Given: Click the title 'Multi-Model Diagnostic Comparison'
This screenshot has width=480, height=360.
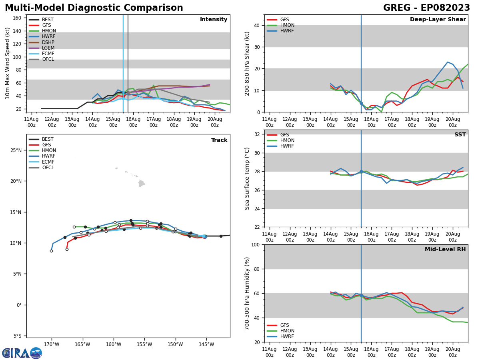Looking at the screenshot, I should [x=94, y=8].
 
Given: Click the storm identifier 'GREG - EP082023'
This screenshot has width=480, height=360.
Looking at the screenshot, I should [x=426, y=8].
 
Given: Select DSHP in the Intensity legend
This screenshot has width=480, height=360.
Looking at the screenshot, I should [x=48, y=42].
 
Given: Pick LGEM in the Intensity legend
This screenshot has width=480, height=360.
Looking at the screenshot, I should [x=48, y=48].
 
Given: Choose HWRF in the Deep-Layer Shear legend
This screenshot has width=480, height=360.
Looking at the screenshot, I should [x=287, y=31].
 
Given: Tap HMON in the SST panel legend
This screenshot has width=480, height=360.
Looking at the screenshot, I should [x=287, y=140].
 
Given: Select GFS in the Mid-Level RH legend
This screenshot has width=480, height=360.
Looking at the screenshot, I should [x=284, y=325].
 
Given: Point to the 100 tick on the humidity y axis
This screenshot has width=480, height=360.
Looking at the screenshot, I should [x=254, y=244].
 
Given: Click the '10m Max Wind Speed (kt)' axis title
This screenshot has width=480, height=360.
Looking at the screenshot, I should [x=8, y=63].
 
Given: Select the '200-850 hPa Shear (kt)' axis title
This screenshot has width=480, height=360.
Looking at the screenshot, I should [x=247, y=63].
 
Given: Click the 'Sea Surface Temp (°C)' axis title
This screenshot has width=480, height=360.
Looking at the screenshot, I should [x=247, y=178].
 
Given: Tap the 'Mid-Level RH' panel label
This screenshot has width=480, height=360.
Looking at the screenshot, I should [x=445, y=250].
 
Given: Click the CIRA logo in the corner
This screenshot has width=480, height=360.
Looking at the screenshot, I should [x=22, y=353].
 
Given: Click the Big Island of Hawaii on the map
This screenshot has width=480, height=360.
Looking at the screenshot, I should [x=142, y=183].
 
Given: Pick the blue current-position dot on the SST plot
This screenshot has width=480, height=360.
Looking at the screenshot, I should [x=361, y=172].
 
